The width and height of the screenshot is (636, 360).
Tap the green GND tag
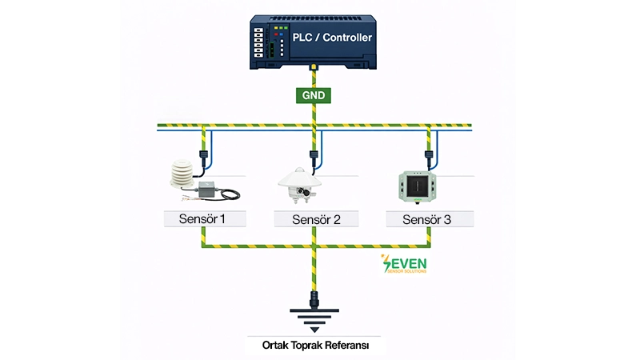[314, 94]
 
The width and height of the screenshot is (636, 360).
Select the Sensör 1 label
[205, 218]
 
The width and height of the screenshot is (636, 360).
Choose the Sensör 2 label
[316, 218]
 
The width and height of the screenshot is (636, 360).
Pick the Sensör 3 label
[429, 218]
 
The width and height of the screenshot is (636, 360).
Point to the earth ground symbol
[314, 320]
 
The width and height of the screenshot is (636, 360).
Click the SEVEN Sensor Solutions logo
[406, 264]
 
